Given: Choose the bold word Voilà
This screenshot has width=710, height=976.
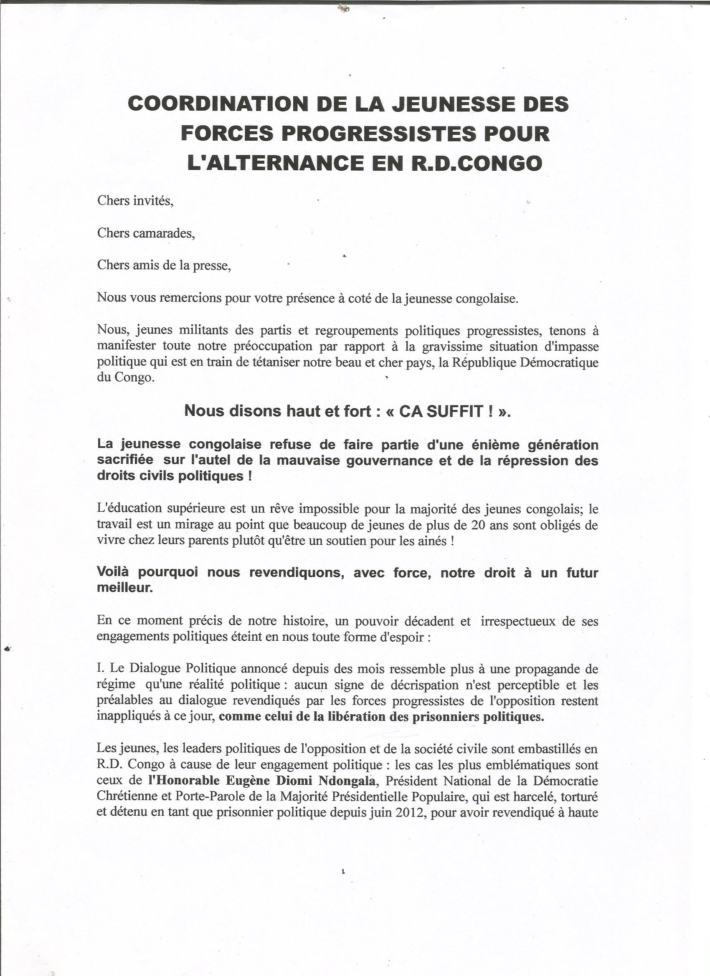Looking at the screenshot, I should tap(113, 573).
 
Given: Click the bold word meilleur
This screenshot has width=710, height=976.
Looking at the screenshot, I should tap(125, 588).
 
